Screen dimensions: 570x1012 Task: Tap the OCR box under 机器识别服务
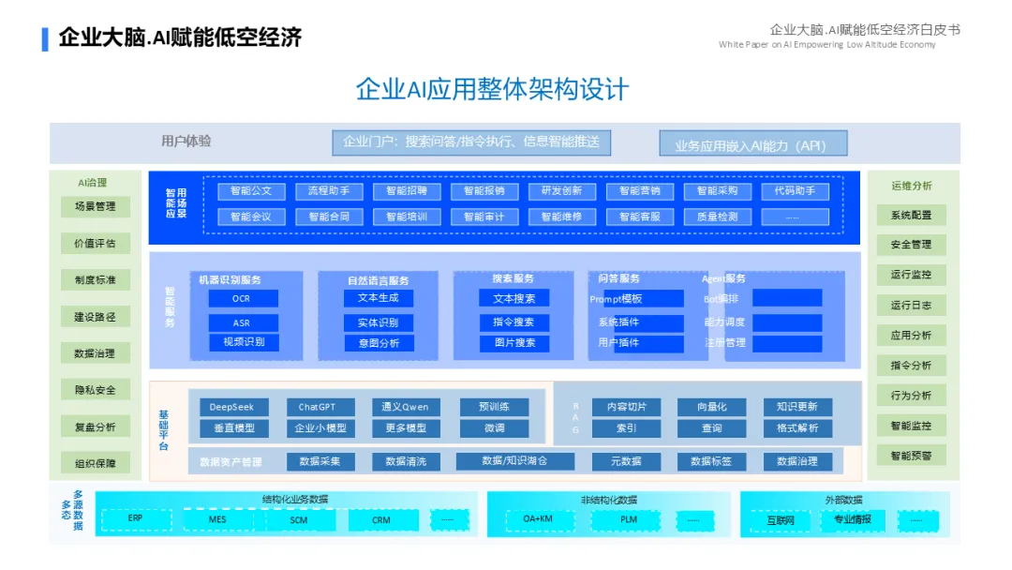[242, 298]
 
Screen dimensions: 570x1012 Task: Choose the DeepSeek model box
[232, 407]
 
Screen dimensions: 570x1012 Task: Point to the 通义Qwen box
[405, 407]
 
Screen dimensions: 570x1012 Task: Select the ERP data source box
[136, 519]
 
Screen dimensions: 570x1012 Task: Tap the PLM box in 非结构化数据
[628, 519]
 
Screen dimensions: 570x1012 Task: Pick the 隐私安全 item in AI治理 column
[96, 390]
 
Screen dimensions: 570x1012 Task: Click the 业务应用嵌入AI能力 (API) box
[752, 144]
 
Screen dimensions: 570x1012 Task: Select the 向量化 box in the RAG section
[711, 407]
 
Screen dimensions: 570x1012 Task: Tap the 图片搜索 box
[514, 343]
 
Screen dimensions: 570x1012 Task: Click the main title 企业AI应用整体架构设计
[492, 90]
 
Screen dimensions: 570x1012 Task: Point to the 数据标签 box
[711, 461]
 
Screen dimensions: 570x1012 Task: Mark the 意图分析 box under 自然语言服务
[378, 343]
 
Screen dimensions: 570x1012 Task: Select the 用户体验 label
[186, 142]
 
